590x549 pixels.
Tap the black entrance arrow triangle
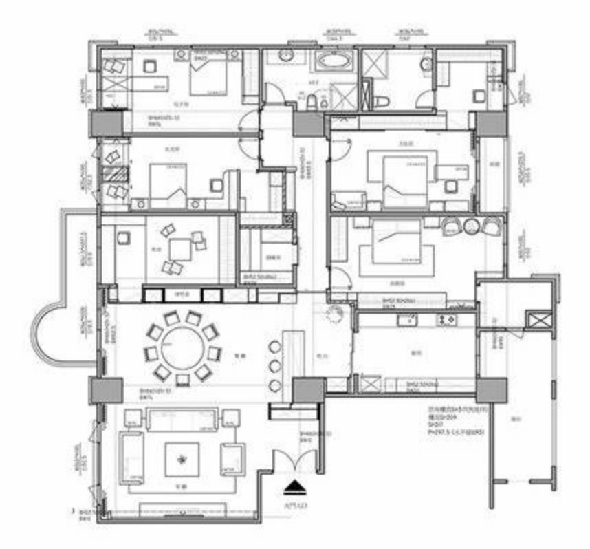(297, 488)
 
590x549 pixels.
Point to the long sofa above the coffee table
(182, 417)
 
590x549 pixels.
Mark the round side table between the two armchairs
(472, 226)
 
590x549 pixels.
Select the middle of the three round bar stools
(275, 365)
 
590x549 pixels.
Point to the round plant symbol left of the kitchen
(336, 315)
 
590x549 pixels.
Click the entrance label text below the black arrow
(297, 505)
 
